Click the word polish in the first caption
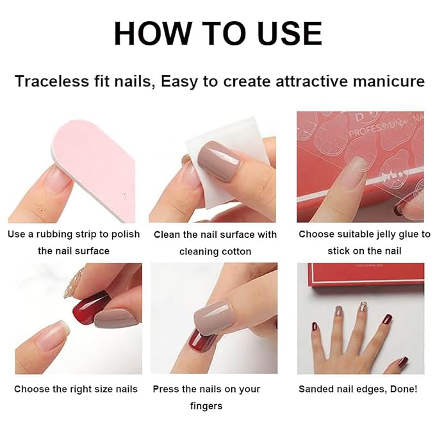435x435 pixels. [126, 234]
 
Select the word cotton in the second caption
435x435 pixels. [234, 251]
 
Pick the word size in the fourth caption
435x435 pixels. [94, 389]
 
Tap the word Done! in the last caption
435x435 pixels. [402, 389]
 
